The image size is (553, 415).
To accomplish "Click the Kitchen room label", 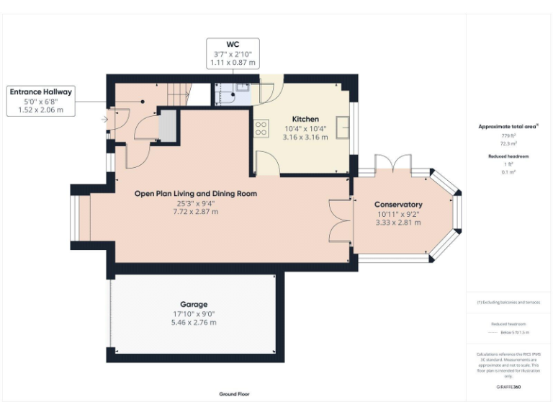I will pos(305,119).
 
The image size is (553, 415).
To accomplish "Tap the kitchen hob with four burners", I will pos(261,128).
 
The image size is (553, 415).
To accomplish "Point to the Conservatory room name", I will pos(398,205).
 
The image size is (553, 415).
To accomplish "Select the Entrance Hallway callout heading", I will pos(40,92).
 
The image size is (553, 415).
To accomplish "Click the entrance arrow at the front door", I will pos(105,119).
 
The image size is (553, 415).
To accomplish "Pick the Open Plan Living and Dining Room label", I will pos(196,194).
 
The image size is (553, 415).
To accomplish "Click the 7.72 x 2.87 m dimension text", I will pos(195,212).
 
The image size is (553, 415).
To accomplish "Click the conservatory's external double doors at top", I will pos(394,162).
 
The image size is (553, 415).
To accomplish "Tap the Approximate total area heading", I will pos(508,126).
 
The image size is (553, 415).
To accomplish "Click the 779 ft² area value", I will pos(508,135).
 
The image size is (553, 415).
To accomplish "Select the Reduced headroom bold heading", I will pos(508,156).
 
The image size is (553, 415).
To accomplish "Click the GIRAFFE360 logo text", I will pos(508,388).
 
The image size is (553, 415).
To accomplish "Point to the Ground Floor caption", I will pos(235,394).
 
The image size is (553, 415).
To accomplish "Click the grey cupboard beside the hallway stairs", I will pos(168,125).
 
